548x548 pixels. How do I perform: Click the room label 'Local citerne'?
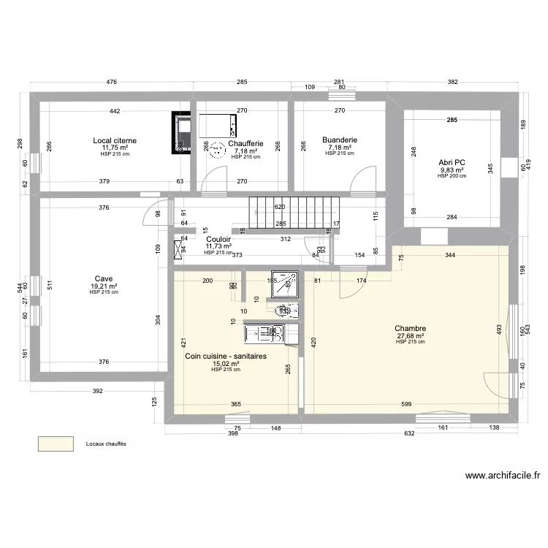114,140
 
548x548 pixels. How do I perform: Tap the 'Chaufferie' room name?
246,144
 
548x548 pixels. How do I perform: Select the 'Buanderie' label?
339,140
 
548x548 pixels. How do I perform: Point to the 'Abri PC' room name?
452,162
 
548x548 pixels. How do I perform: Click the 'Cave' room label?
103,279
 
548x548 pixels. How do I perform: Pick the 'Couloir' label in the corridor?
218,239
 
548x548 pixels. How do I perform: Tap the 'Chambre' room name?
410,329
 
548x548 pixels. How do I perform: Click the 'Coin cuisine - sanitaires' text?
225,356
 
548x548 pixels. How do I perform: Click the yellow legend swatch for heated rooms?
56,444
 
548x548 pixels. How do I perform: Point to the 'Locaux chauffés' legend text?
106,444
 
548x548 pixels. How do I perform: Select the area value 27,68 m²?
410,336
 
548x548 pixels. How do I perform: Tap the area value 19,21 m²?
103,286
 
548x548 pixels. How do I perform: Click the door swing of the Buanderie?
361,180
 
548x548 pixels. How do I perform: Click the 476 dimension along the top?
111,82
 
